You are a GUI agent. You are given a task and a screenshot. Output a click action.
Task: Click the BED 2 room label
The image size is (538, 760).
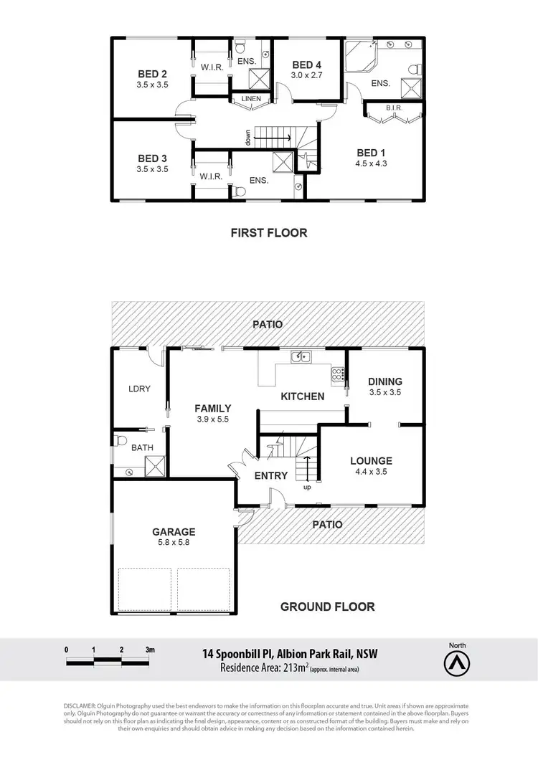153,74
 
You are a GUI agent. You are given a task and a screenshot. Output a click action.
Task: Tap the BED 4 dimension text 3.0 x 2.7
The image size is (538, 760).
307,75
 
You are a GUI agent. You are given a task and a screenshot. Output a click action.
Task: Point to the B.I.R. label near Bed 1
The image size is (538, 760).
394,108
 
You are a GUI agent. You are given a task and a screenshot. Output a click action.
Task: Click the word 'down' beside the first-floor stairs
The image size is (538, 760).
247,136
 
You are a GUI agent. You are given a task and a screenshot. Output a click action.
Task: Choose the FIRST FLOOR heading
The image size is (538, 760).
269,232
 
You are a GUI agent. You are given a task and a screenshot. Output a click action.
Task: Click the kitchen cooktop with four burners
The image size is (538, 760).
337,373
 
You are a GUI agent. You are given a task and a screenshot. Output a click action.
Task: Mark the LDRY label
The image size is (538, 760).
139,389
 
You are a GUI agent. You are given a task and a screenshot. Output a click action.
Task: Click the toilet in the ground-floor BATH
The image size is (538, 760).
121,439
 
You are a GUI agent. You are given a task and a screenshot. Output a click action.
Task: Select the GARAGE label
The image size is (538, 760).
174,532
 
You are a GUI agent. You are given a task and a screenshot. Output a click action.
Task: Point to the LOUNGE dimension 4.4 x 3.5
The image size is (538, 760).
370,472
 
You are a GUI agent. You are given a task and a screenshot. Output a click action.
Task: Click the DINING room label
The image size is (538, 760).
385,381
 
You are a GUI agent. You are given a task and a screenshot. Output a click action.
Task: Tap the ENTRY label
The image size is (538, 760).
271,475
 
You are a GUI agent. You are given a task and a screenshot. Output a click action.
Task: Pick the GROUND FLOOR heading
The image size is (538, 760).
327,607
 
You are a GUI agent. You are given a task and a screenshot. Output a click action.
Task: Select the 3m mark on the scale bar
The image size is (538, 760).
150,649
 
